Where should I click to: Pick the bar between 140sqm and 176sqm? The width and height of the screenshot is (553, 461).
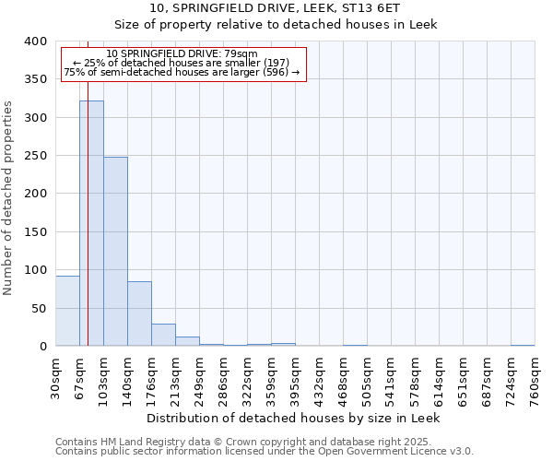click(x=139, y=313)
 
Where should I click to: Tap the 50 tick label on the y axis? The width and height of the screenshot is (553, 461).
click(x=38, y=308)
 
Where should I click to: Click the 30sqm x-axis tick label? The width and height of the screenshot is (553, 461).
click(x=55, y=377)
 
